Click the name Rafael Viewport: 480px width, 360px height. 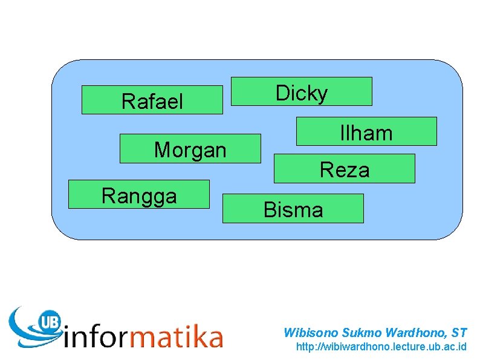point(152,101)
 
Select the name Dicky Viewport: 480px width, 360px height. point(302,93)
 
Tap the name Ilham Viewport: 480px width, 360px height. point(366,133)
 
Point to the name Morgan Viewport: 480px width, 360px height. point(190,149)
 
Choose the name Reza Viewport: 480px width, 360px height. point(344,170)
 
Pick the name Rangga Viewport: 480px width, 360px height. point(139,195)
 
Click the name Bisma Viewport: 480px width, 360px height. point(293,210)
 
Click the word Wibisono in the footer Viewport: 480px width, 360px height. point(311,332)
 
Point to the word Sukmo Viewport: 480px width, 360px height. point(358,332)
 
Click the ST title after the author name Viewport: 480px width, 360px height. point(459,332)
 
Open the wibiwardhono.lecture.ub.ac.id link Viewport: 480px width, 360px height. point(381,347)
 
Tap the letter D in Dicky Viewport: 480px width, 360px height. point(282,93)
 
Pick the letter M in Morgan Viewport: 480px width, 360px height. point(162,149)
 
